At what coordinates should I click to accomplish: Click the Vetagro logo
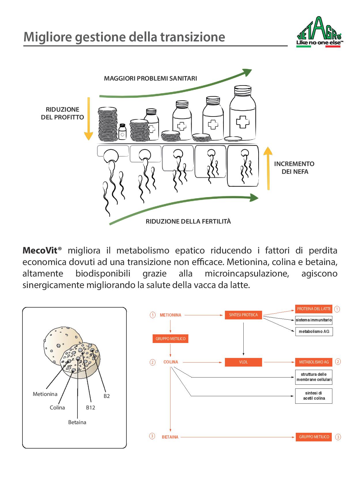tap(320, 32)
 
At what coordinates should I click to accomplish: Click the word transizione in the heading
tap(193, 37)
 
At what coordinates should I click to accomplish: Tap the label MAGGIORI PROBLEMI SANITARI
tap(150, 79)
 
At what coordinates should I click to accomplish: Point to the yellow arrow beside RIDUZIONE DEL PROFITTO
tap(88, 119)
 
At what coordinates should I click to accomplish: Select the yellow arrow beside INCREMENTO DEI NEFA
tap(268, 168)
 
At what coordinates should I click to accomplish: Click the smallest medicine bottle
tap(122, 131)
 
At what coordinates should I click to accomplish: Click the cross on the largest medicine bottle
tap(243, 122)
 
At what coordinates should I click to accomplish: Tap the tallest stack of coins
tap(107, 124)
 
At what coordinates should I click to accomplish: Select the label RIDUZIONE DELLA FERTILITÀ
tap(188, 221)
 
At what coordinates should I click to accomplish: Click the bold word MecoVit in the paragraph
tap(40, 250)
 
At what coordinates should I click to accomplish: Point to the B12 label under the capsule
tap(90, 407)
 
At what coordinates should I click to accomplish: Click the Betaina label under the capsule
tap(77, 422)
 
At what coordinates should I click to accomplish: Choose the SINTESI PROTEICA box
tap(243, 315)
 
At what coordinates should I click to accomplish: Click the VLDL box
tap(243, 362)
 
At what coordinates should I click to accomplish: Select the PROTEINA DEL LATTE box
tap(314, 309)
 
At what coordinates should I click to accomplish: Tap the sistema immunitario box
tap(314, 320)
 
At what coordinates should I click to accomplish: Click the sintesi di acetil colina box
tap(314, 396)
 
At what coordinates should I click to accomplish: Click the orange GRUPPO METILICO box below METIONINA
tap(170, 339)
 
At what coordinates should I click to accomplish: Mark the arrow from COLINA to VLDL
tap(202, 362)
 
